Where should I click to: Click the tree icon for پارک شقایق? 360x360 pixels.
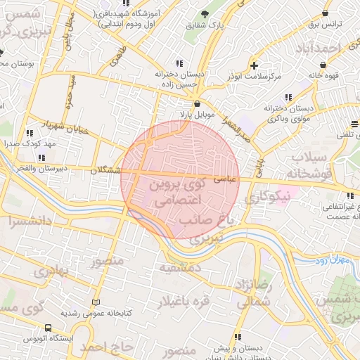click(205, 14)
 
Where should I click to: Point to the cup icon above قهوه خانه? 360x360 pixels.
click(323, 65)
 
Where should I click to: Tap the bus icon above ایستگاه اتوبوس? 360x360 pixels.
click(48, 328)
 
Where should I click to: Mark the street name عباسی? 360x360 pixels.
click(250, 180)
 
